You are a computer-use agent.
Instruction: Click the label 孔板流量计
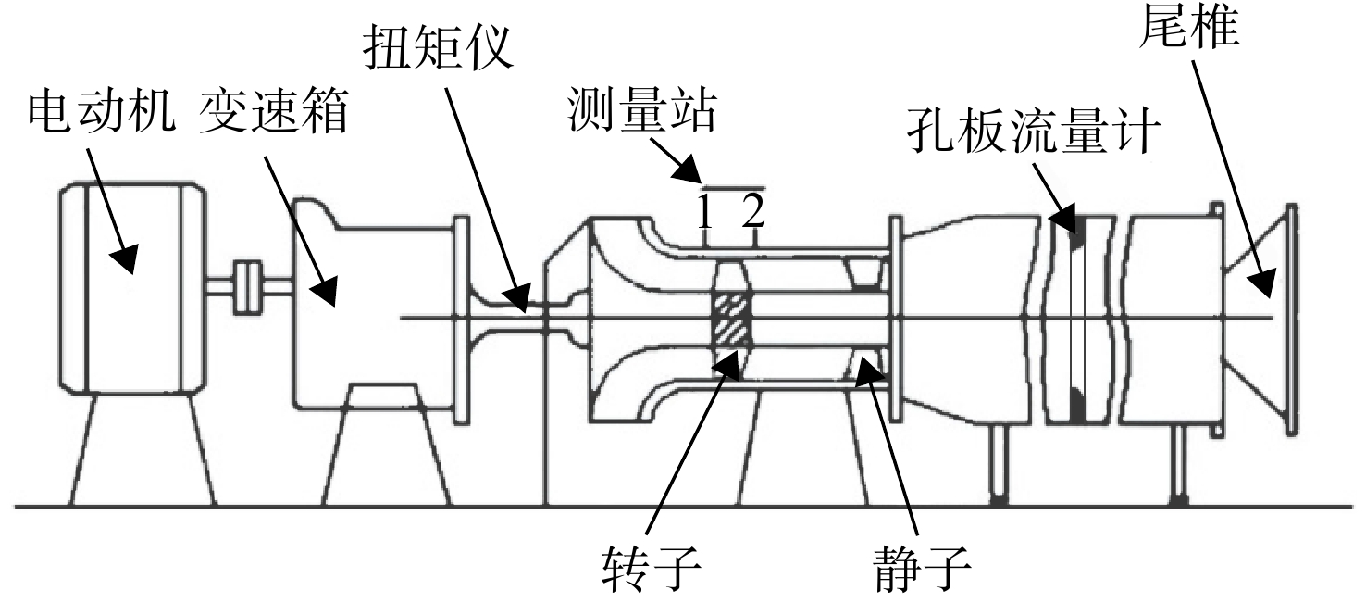[1034, 131]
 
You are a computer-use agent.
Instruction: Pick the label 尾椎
[1189, 26]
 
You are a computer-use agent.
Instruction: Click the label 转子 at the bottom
[652, 568]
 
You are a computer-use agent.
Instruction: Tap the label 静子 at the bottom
[923, 568]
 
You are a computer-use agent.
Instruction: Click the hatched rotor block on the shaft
[733, 319]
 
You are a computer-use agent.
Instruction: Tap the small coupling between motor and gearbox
[248, 287]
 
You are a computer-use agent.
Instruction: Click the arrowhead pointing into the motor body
[125, 259]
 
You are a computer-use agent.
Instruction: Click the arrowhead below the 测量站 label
[687, 170]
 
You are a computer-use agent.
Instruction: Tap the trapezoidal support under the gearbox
[385, 445]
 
